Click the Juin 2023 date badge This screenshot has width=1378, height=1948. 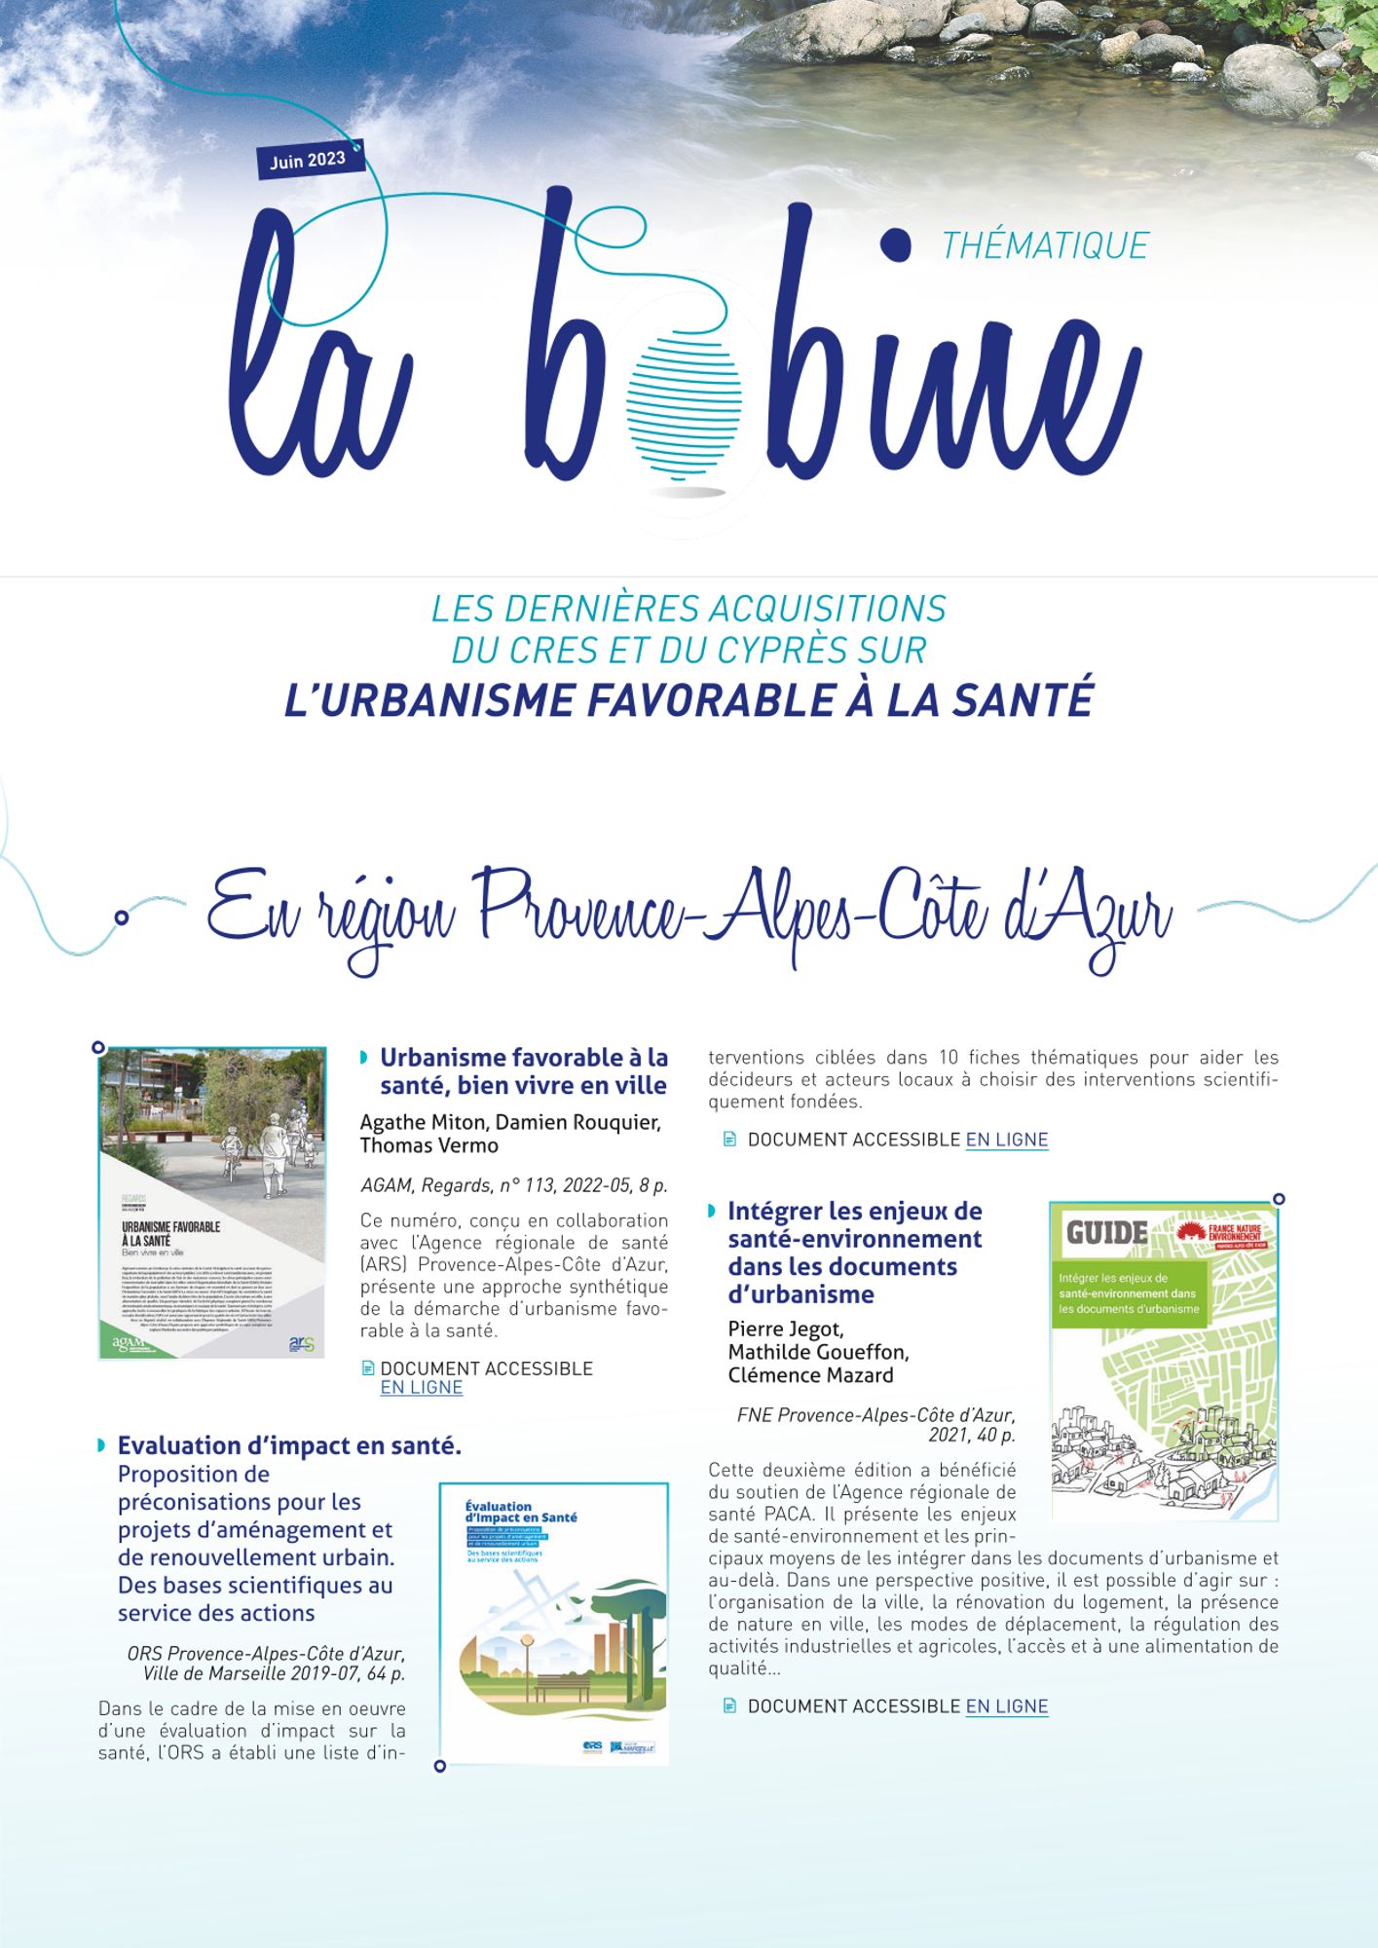[x=308, y=160]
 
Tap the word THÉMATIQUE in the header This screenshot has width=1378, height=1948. [x=1045, y=245]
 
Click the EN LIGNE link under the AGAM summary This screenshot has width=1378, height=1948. [x=421, y=1387]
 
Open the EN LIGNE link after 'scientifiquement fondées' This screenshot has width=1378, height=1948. [x=1006, y=1140]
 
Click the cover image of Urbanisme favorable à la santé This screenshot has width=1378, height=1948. [x=212, y=1202]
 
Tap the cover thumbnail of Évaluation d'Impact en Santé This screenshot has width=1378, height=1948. [x=553, y=1623]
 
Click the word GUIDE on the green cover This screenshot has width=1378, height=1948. [x=1107, y=1233]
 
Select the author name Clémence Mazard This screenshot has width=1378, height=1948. [x=810, y=1375]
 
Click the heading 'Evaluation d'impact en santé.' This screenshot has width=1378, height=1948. [x=289, y=1445]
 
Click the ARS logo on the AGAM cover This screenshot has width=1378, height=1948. [x=302, y=1345]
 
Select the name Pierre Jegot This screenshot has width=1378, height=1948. [x=785, y=1330]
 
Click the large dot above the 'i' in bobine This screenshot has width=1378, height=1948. [x=893, y=243]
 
